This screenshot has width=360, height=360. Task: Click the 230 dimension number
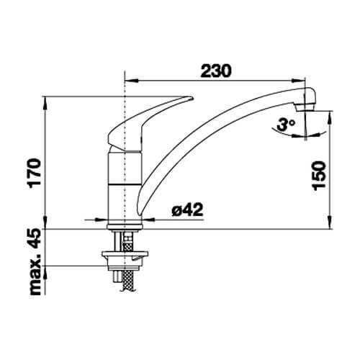pos(216,71)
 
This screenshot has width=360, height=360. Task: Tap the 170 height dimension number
pos(34,174)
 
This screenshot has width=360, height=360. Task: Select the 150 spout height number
pos(320,176)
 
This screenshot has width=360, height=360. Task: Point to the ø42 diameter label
pos(187,210)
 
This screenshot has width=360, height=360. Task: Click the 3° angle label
pos(285,125)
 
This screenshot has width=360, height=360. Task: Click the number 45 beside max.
pos(34,238)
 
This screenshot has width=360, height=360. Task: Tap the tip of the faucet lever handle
pos(192,98)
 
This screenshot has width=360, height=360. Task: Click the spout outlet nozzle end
pos(305,109)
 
